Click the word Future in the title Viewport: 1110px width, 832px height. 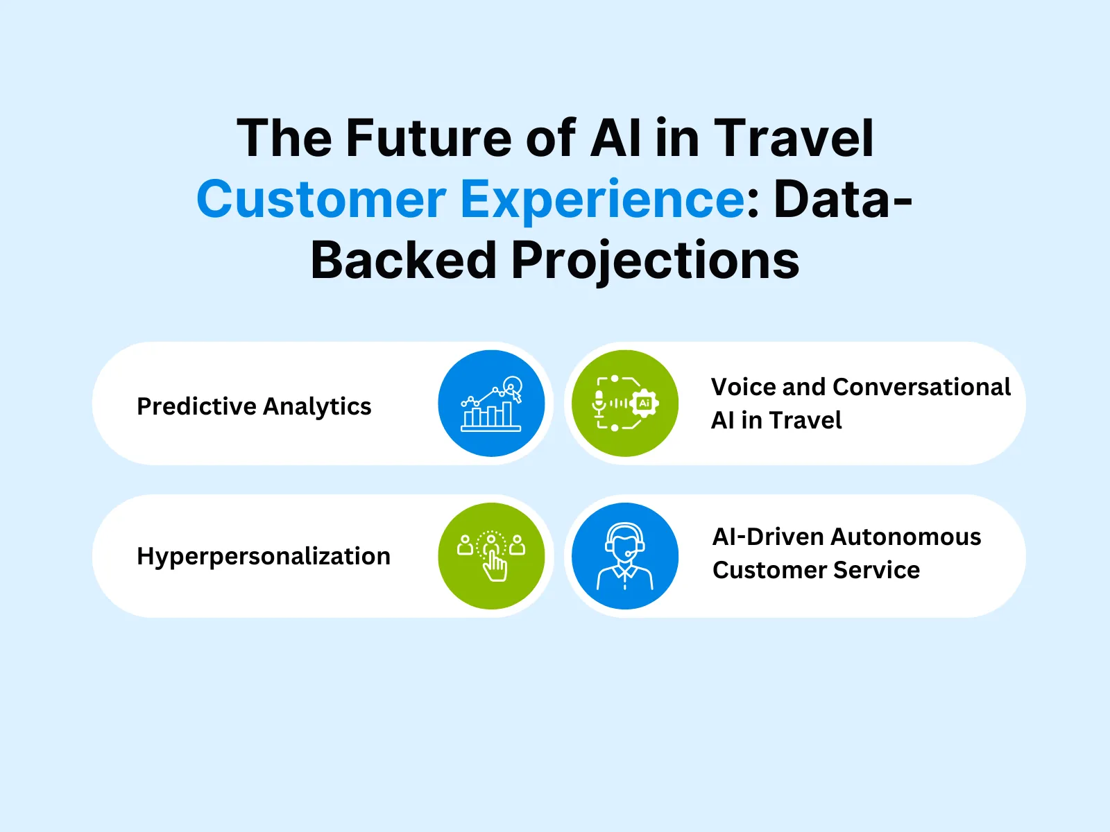click(x=429, y=138)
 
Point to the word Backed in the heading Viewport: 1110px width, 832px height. click(x=403, y=260)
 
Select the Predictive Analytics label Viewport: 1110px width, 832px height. click(x=254, y=407)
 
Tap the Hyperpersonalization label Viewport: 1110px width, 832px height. click(x=264, y=557)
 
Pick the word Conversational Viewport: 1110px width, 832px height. click(x=921, y=388)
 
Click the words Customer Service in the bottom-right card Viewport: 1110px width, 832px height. click(x=816, y=571)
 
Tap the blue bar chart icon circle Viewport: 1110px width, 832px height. click(x=491, y=403)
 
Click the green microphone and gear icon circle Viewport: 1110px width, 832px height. click(x=624, y=403)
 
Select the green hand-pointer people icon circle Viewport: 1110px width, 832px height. click(x=491, y=555)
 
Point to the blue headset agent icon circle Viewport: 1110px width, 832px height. click(x=624, y=555)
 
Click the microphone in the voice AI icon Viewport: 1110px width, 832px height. click(x=599, y=404)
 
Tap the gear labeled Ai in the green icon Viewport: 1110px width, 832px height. click(x=644, y=403)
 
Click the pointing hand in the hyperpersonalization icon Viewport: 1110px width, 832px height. click(x=495, y=566)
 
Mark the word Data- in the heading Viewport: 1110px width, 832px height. click(x=842, y=199)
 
